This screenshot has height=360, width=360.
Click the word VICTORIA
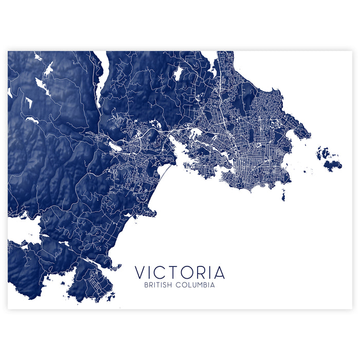[x=179, y=273]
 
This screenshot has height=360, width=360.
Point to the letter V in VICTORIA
[x=140, y=273]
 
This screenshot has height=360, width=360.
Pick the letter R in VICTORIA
[x=202, y=273]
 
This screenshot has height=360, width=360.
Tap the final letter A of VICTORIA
[x=220, y=273]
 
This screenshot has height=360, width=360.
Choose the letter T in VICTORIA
[x=175, y=273]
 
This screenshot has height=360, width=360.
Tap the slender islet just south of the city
[x=283, y=195]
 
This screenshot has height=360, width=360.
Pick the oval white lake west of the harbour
[x=115, y=147]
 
